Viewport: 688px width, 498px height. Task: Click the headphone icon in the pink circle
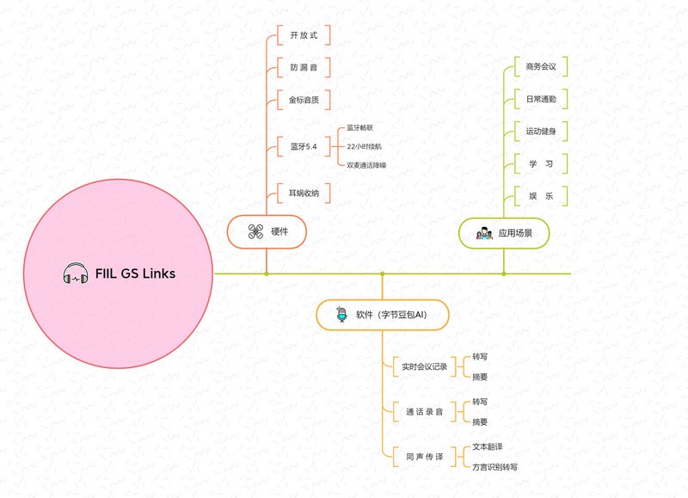76,274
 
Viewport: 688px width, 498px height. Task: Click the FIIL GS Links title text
136,274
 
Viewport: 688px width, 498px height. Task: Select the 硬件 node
267,231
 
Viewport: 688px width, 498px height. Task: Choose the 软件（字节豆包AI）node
382,315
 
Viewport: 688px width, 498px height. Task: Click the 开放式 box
304,35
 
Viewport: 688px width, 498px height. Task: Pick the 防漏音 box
304,67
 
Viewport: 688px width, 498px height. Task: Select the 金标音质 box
304,100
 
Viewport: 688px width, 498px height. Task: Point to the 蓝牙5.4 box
304,147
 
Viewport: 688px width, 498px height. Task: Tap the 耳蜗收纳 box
304,194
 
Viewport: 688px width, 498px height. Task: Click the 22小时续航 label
365,146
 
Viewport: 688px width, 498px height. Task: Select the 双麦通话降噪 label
366,164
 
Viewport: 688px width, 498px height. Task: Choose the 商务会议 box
541,66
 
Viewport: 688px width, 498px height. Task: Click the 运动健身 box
541,132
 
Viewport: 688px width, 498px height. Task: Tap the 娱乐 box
541,196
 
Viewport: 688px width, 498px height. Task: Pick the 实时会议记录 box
424,366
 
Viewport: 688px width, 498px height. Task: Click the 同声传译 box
424,457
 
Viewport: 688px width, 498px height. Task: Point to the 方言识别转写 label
494,467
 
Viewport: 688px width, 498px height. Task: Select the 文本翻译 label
488,446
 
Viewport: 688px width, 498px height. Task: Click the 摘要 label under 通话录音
480,421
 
